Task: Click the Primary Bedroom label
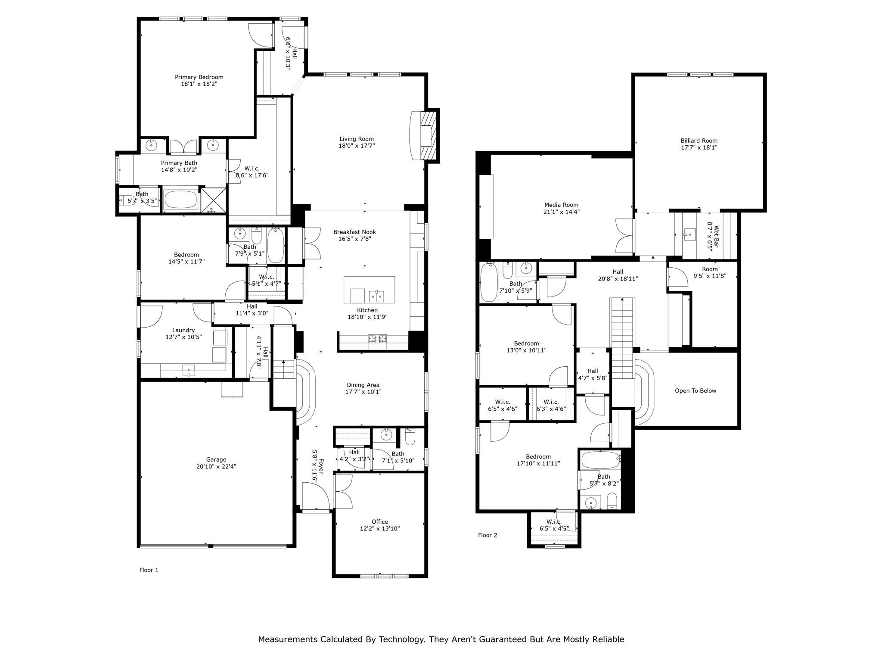pyautogui.click(x=199, y=77)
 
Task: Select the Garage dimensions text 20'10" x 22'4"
pyautogui.click(x=216, y=466)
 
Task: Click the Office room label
pyautogui.click(x=379, y=521)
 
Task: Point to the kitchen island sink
pyautogui.click(x=376, y=297)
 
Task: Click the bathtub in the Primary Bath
pyautogui.click(x=181, y=200)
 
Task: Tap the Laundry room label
pyautogui.click(x=183, y=330)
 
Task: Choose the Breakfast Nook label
pyautogui.click(x=354, y=232)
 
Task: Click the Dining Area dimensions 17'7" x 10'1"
pyautogui.click(x=363, y=392)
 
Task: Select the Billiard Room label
pyautogui.click(x=699, y=141)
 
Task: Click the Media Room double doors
pyautogui.click(x=624, y=236)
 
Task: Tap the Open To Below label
pyautogui.click(x=695, y=391)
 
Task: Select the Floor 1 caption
pyautogui.click(x=149, y=570)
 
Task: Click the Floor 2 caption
pyautogui.click(x=488, y=535)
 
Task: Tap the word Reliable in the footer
pyautogui.click(x=608, y=639)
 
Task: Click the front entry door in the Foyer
pyautogui.click(x=316, y=496)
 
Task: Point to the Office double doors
pyautogui.click(x=343, y=491)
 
